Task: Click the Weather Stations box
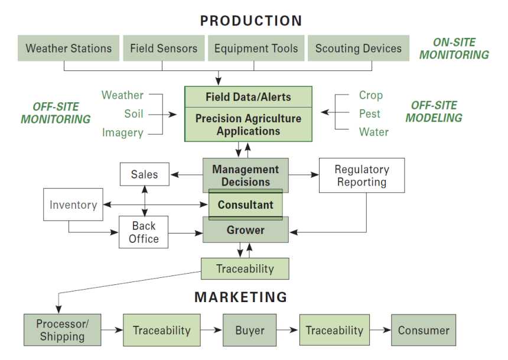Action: (69, 48)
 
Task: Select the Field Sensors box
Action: (164, 48)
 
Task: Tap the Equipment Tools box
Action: (256, 48)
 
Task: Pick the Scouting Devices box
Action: (359, 48)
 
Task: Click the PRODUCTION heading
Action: (251, 21)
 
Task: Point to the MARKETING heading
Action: (241, 297)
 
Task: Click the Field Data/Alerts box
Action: (248, 97)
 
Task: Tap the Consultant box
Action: (246, 205)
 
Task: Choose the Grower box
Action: (246, 230)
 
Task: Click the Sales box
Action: (145, 174)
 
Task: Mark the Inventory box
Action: (73, 205)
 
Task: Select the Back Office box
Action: (144, 232)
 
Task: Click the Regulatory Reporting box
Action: (362, 176)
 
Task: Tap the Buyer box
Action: (249, 330)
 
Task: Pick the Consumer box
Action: (424, 330)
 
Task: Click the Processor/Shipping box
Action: (62, 330)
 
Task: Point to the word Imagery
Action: (122, 132)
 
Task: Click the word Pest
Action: (369, 113)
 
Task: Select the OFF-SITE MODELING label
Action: (434, 112)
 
